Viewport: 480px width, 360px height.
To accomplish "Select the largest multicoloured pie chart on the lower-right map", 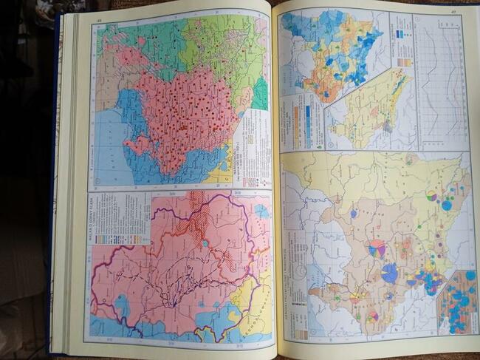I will point(377,248).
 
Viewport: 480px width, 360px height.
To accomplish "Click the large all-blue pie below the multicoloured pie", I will point(389,274).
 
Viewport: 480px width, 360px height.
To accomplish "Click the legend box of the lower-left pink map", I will point(118,218).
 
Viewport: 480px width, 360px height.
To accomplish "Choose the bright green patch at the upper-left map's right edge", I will point(261,92).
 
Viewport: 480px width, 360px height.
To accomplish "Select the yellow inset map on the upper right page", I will point(369,111).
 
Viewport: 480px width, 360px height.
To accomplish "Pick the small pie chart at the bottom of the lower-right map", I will point(373,316).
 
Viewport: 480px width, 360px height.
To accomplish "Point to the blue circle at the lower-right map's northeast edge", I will point(446,206).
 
